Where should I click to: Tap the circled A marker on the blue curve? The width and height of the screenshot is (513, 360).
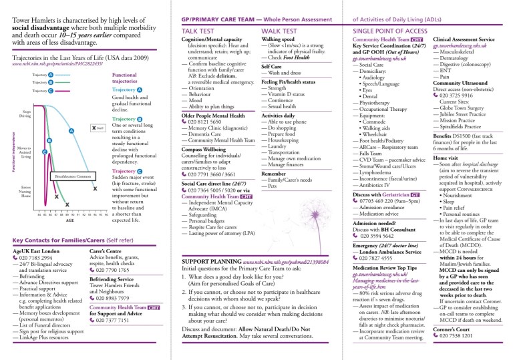[x=70, y=131]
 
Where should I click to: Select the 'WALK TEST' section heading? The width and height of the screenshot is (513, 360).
[x=281, y=31]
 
